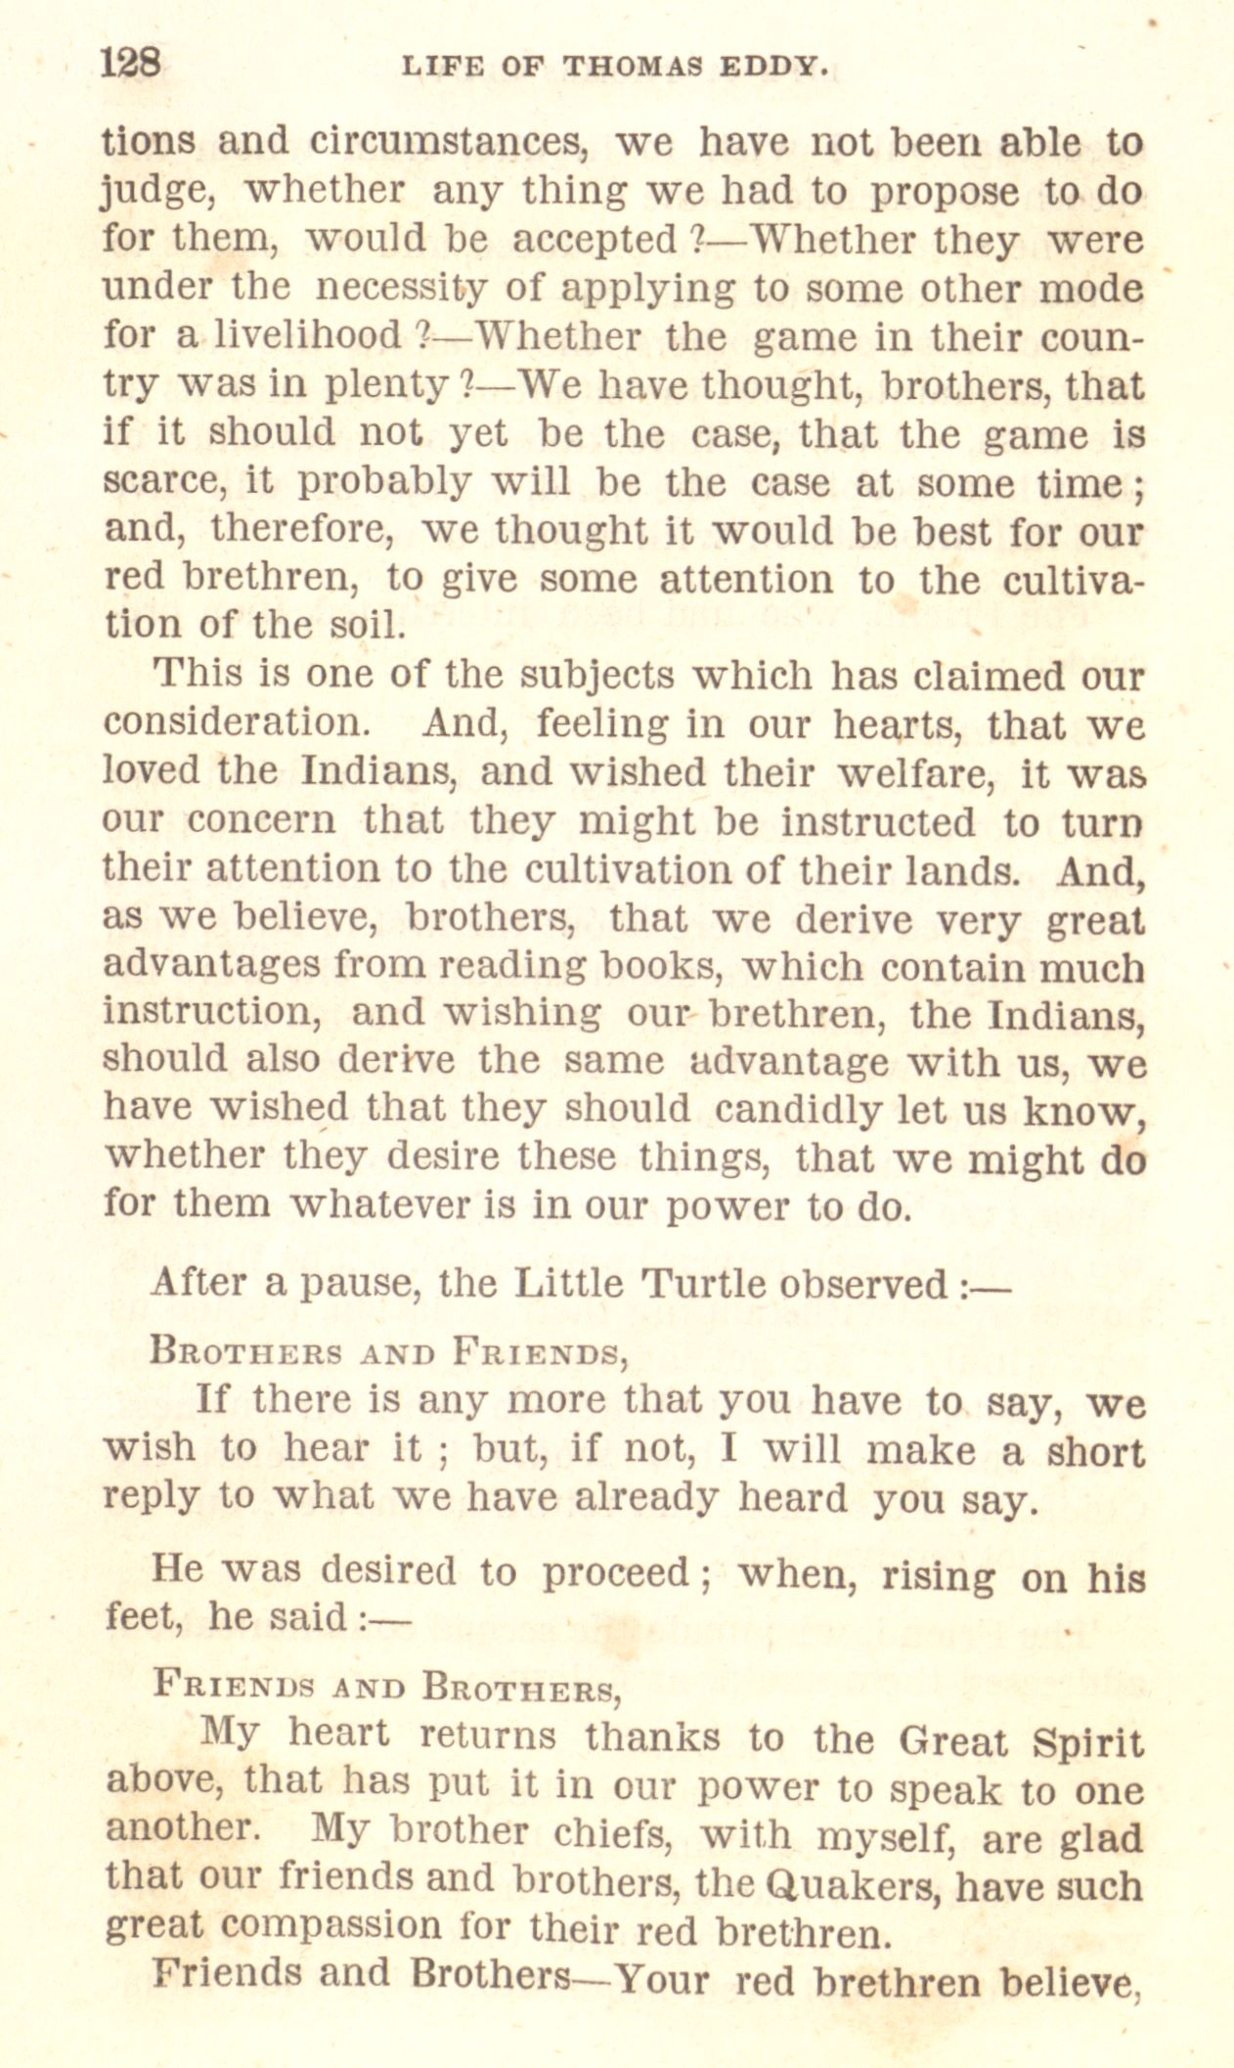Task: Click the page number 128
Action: coord(130,65)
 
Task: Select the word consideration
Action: coord(236,724)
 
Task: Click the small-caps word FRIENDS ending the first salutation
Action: coord(539,1354)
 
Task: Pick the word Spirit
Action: coord(1086,1741)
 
